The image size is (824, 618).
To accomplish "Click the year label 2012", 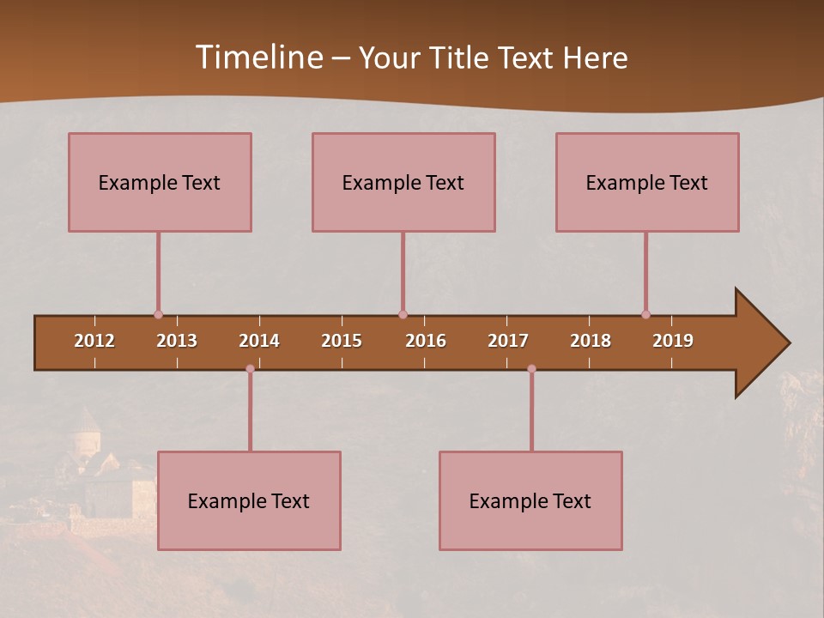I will click(94, 341).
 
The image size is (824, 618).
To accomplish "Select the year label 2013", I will click(177, 341).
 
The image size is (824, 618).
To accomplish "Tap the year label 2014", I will click(259, 341).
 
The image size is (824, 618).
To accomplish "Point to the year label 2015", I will click(342, 341).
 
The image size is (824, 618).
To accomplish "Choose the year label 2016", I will click(426, 341).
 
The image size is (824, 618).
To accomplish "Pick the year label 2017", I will click(508, 341).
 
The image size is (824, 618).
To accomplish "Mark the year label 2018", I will click(591, 341).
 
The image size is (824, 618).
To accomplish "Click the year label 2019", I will click(673, 341).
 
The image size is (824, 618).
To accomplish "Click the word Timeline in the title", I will click(257, 58).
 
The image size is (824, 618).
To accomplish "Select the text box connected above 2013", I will click(160, 182).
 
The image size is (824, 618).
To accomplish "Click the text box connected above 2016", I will click(403, 182).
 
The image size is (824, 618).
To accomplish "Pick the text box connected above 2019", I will click(647, 182).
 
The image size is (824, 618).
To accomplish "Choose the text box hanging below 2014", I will click(249, 500).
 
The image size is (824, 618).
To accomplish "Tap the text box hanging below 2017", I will click(530, 500).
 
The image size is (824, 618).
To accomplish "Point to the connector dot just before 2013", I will click(158, 315).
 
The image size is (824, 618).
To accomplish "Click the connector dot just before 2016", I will click(403, 315).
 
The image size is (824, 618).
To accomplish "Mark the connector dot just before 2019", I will click(645, 315).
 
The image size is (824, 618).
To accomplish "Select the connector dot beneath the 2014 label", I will click(250, 369).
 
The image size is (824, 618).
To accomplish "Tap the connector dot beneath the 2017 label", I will click(531, 369).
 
